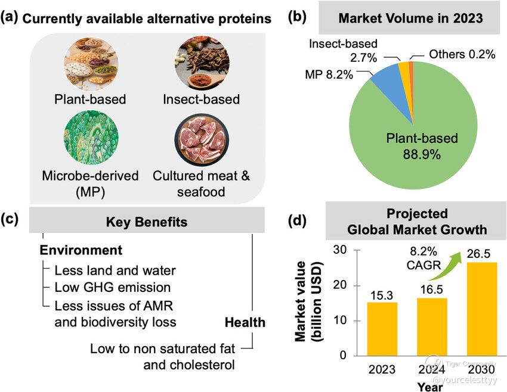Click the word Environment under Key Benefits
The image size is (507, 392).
[81, 250]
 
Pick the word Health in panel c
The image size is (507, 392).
[245, 322]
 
